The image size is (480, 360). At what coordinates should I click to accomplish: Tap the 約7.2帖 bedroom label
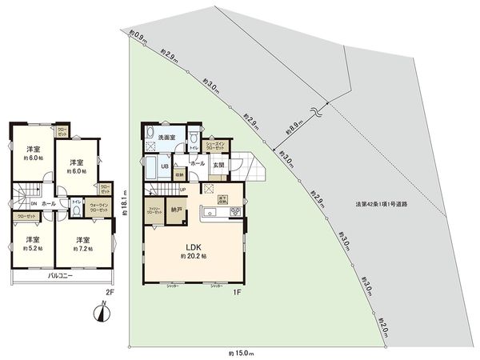coord(82,243)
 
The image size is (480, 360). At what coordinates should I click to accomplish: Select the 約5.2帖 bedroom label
coord(33,243)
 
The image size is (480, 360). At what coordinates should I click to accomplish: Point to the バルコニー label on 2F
coord(62,274)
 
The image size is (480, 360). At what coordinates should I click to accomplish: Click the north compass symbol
coord(101,312)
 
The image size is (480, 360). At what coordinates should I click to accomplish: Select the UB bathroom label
coord(164,166)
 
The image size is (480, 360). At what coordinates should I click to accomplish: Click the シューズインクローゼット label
coord(215,146)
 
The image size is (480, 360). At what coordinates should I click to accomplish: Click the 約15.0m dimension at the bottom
coord(240,352)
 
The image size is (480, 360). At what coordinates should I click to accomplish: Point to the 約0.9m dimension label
coord(138,35)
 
